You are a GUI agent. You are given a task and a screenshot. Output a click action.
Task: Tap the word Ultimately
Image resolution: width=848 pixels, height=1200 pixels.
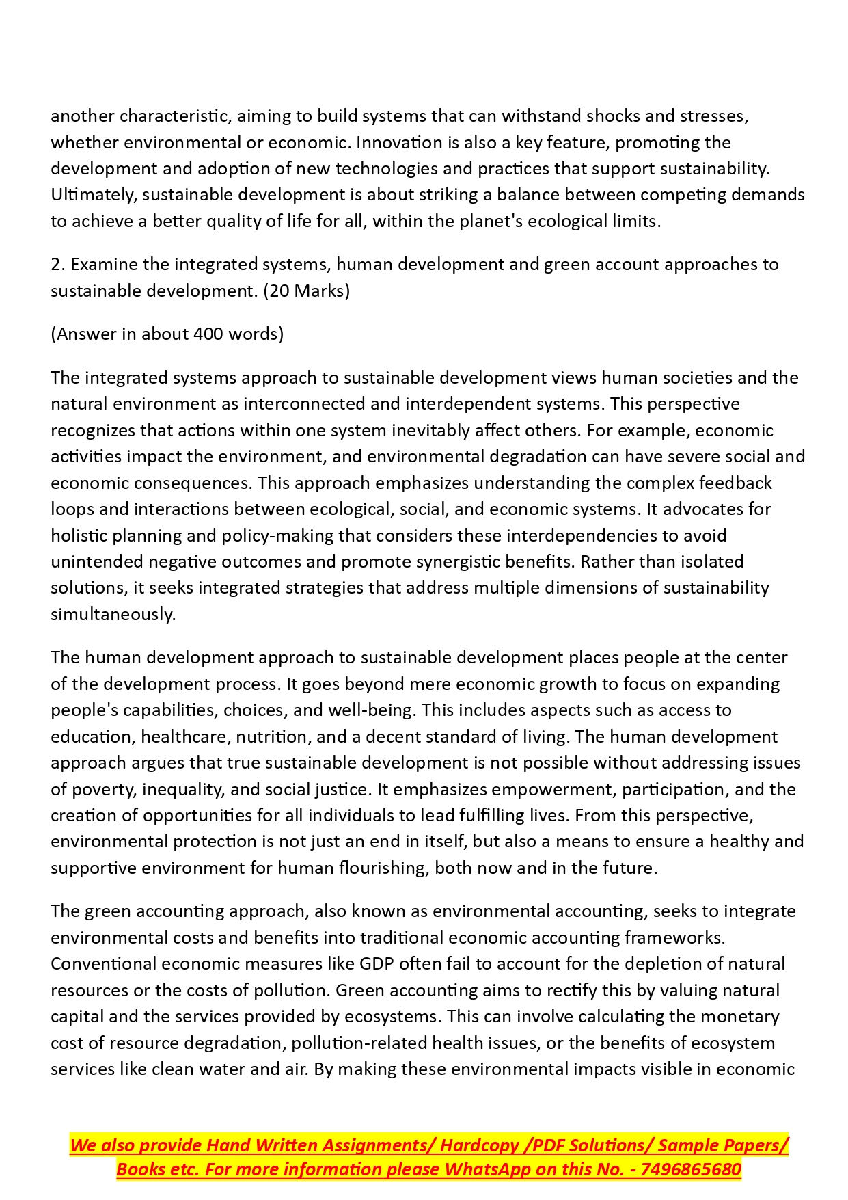(93, 195)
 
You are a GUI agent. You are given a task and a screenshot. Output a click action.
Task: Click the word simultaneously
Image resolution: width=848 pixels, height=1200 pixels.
(113, 614)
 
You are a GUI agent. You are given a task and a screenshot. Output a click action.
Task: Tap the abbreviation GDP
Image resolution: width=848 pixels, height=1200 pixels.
(377, 964)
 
